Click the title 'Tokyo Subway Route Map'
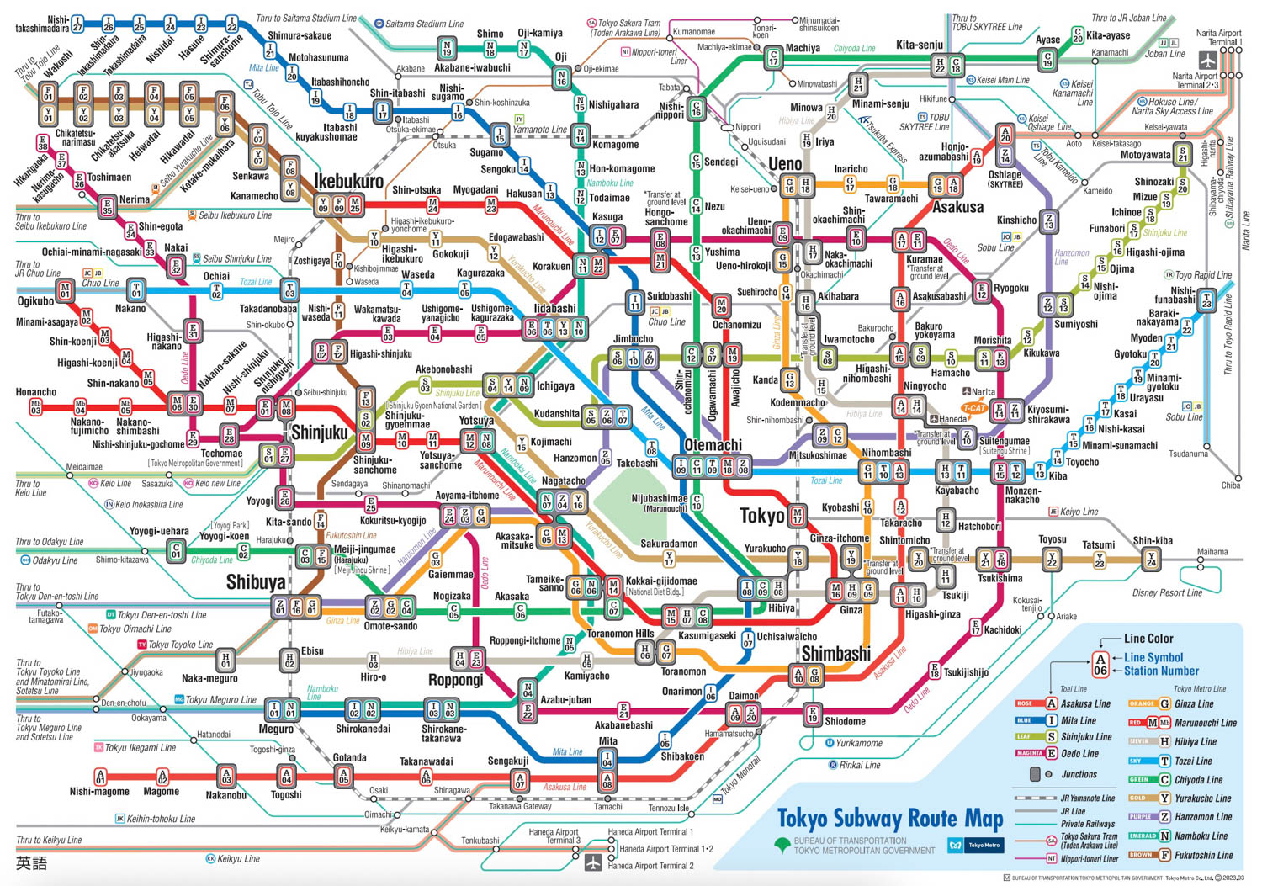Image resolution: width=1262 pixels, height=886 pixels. [x=889, y=819]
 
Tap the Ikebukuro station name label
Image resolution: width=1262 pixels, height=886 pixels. [x=348, y=181]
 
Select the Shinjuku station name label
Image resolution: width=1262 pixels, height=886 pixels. [x=319, y=432]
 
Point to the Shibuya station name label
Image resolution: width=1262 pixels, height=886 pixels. [x=256, y=582]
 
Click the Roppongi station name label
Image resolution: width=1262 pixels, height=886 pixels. [x=455, y=680]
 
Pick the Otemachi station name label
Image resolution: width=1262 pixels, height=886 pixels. [x=713, y=445]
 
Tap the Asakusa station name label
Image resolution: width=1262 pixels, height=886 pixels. [x=957, y=207]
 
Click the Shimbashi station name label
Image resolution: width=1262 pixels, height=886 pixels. [x=835, y=654]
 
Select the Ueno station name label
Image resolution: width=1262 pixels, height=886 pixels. [x=785, y=163]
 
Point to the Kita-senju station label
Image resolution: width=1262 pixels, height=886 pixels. [x=920, y=45]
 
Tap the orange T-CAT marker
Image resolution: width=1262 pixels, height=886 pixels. [x=974, y=409]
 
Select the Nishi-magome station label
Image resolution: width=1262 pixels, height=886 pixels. [x=99, y=791]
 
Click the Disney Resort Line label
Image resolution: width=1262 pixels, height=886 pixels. [x=1167, y=593]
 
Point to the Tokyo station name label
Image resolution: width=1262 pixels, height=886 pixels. [x=761, y=515]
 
